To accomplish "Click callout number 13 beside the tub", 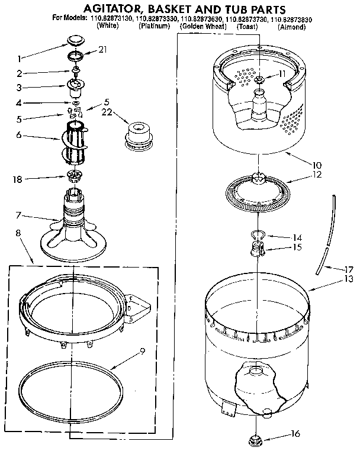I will (349, 278).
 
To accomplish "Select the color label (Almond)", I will (294, 27).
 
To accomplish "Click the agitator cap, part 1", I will (75, 40).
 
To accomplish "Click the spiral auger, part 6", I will (73, 139).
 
